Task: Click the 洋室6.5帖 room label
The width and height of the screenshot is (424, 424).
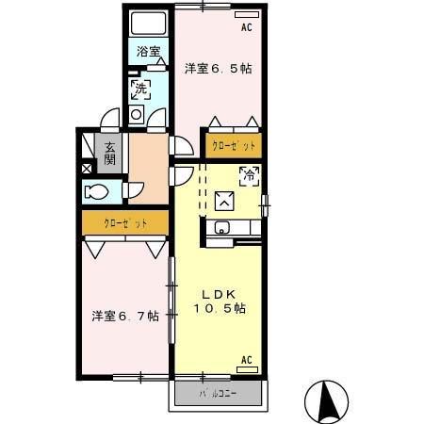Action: (x=218, y=69)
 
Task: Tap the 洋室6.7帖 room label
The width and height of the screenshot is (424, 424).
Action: (x=123, y=316)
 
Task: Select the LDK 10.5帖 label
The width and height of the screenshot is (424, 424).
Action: (x=220, y=301)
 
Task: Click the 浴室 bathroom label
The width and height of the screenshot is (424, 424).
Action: (x=147, y=52)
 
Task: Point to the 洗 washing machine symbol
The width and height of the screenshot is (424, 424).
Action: (x=140, y=90)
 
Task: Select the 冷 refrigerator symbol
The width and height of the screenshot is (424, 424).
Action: (x=249, y=175)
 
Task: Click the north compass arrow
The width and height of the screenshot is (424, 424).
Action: (x=329, y=400)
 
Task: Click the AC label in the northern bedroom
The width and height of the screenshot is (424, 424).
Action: (x=246, y=28)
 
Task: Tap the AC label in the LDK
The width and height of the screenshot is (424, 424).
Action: (x=246, y=360)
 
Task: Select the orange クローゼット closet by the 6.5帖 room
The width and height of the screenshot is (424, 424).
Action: (x=232, y=146)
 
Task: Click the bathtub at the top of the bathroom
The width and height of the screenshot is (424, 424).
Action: (x=148, y=24)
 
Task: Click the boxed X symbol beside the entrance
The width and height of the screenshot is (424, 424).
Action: (x=88, y=168)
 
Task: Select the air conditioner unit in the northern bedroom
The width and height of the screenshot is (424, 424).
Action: (x=245, y=15)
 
